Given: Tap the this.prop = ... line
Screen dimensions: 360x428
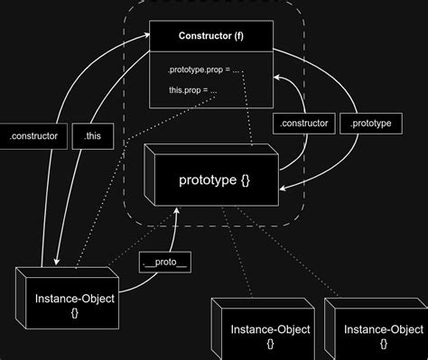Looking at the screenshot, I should click(191, 90).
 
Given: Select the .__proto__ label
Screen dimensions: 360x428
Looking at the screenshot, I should click(165, 263).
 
